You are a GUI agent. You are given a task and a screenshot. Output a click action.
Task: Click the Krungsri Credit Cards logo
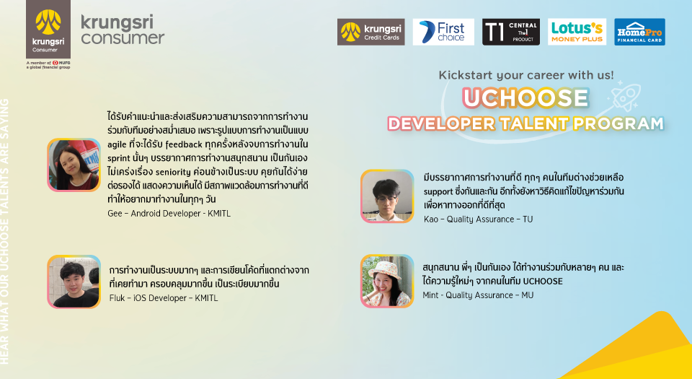tap(371, 32)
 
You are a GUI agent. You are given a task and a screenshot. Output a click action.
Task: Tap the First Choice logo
tap(443, 32)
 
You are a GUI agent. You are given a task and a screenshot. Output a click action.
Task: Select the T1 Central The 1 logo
tap(510, 32)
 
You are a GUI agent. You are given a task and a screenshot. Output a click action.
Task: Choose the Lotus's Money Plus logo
tap(577, 32)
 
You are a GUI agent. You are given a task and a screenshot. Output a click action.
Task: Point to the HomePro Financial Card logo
tap(639, 32)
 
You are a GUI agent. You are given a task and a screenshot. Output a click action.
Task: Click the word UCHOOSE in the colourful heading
tap(525, 97)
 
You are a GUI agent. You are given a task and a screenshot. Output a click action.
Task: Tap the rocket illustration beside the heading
tap(624, 96)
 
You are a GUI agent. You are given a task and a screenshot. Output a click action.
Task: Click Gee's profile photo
tap(74, 165)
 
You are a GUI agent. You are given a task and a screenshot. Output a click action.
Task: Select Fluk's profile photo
tap(74, 282)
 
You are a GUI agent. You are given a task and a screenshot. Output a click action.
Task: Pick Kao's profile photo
tap(387, 196)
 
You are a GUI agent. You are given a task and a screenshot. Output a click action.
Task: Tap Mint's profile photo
tap(387, 281)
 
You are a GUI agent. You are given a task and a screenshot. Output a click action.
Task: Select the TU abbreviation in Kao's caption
tap(528, 219)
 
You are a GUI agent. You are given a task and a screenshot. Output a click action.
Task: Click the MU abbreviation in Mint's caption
tap(528, 295)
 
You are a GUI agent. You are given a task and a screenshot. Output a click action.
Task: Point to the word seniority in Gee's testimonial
tap(173, 172)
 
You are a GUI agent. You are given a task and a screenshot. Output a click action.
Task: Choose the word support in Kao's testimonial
tap(438, 192)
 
